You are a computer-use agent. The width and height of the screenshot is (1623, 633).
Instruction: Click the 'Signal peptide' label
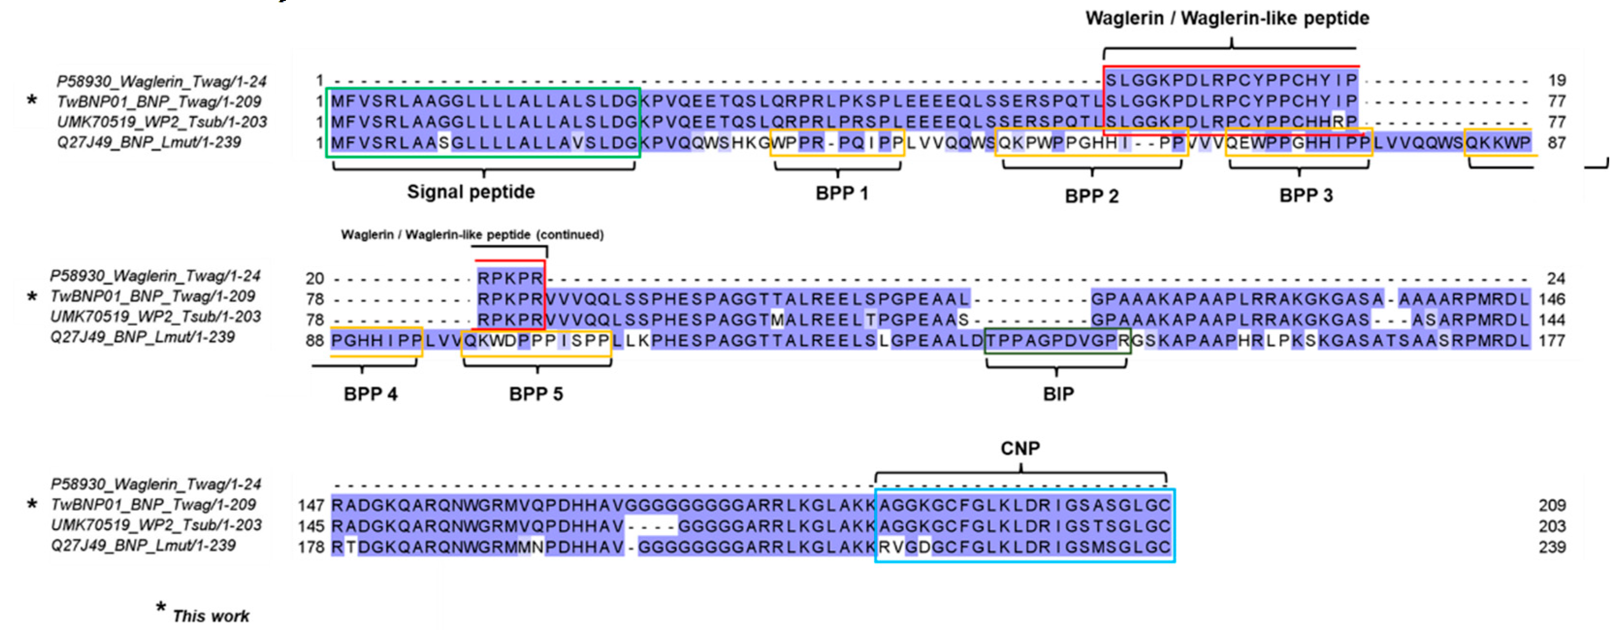click(x=471, y=192)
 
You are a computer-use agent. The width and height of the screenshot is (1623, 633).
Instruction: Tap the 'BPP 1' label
click(x=841, y=194)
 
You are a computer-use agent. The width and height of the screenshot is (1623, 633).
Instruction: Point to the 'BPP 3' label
click(x=1305, y=195)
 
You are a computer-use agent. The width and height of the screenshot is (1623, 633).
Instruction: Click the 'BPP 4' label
click(x=370, y=394)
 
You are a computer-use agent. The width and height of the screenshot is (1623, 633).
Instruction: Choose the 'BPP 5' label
click(x=535, y=394)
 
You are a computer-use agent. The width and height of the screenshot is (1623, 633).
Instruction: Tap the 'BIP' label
click(x=1058, y=394)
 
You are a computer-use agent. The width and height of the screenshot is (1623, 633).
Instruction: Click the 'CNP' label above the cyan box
click(x=1020, y=448)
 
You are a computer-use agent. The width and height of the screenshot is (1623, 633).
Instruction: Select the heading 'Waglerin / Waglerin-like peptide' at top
click(x=1227, y=18)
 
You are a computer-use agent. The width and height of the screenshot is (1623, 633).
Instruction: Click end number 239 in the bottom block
click(x=1552, y=547)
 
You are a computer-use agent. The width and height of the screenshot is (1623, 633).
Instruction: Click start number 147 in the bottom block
click(x=311, y=505)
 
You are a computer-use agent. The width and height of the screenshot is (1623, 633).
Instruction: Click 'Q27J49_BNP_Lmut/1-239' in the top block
click(x=149, y=142)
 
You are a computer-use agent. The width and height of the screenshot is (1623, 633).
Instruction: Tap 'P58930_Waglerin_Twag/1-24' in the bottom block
click(x=156, y=484)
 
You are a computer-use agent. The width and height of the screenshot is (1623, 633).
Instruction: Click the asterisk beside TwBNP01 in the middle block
click(x=32, y=296)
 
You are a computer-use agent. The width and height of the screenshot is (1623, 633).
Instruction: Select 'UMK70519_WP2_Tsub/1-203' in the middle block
click(x=155, y=316)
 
